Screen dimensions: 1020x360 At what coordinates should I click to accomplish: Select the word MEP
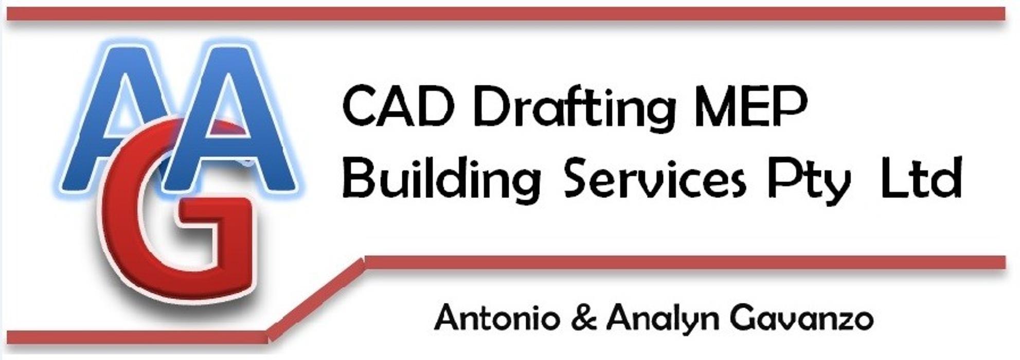click(x=750, y=107)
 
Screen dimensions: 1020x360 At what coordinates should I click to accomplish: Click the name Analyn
click(x=663, y=319)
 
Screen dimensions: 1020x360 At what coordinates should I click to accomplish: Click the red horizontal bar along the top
click(x=506, y=14)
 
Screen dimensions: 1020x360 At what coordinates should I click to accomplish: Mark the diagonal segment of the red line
click(x=316, y=299)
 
